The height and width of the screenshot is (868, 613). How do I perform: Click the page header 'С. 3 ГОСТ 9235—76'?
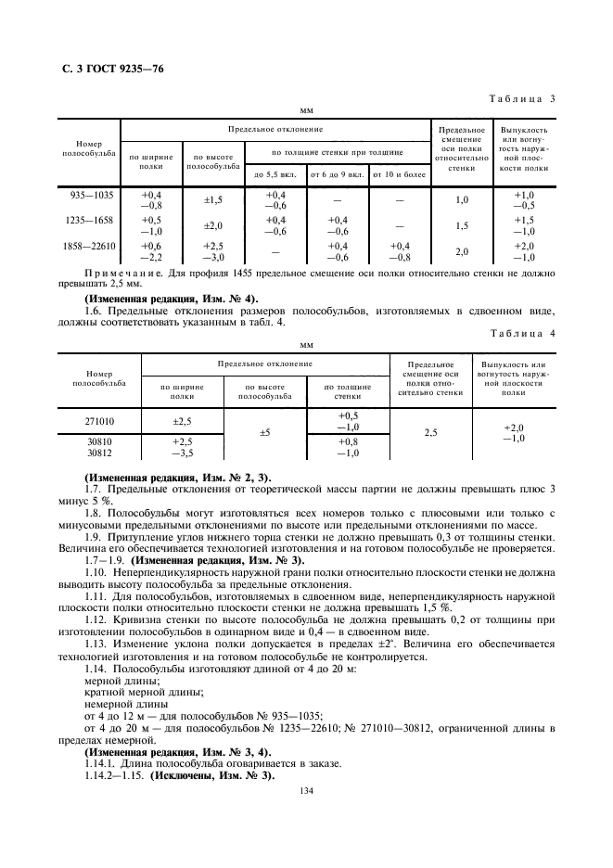(x=104, y=70)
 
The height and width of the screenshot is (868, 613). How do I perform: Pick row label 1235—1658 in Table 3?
(x=90, y=221)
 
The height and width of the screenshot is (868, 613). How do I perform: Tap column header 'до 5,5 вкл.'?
(x=274, y=173)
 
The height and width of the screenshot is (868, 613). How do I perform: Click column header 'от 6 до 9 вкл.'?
(x=337, y=173)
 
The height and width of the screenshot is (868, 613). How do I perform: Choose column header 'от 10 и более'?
(x=399, y=173)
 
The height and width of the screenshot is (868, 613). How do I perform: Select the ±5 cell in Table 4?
(x=263, y=432)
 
